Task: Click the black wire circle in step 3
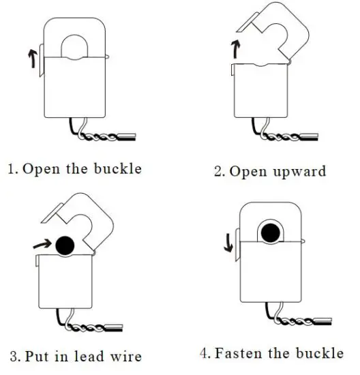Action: [66, 244]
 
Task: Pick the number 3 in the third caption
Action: [13, 356]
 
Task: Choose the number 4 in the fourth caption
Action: [205, 354]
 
